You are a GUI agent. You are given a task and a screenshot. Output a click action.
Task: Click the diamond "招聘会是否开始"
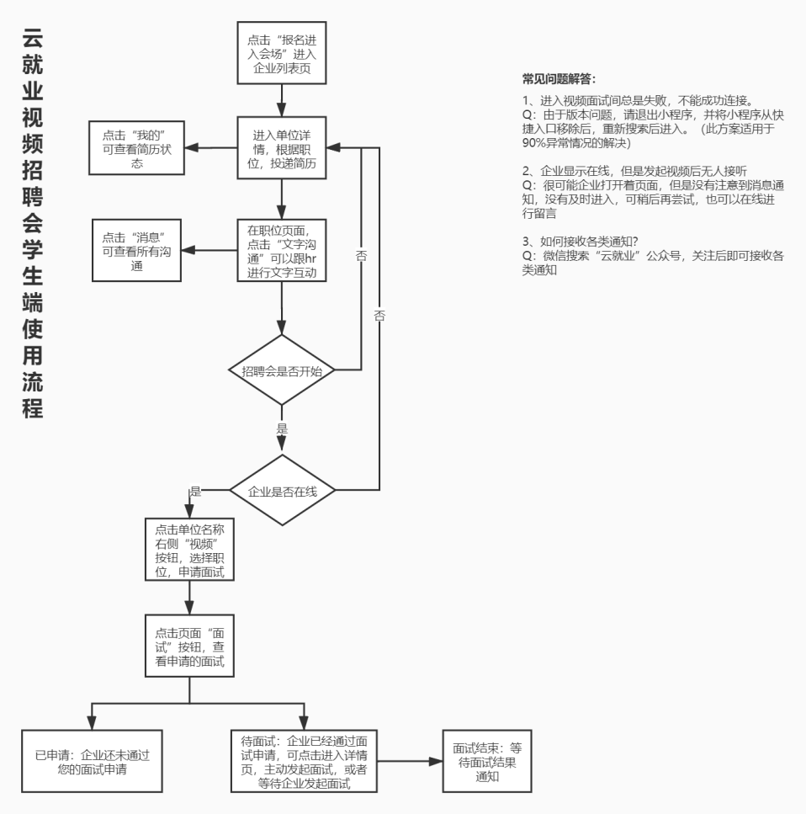281,370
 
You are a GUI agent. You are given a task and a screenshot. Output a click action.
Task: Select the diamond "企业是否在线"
281,490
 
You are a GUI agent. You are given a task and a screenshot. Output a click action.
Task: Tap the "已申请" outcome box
92,761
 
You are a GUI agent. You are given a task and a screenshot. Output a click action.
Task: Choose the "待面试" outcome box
305,761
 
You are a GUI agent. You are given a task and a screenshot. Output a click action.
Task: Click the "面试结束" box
487,761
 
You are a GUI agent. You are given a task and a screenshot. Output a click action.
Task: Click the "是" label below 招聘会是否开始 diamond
282,428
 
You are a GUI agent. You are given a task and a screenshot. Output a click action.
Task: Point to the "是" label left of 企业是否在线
195,491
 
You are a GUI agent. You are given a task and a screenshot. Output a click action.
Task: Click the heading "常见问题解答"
559,79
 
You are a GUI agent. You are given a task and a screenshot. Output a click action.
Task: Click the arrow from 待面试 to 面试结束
410,761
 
